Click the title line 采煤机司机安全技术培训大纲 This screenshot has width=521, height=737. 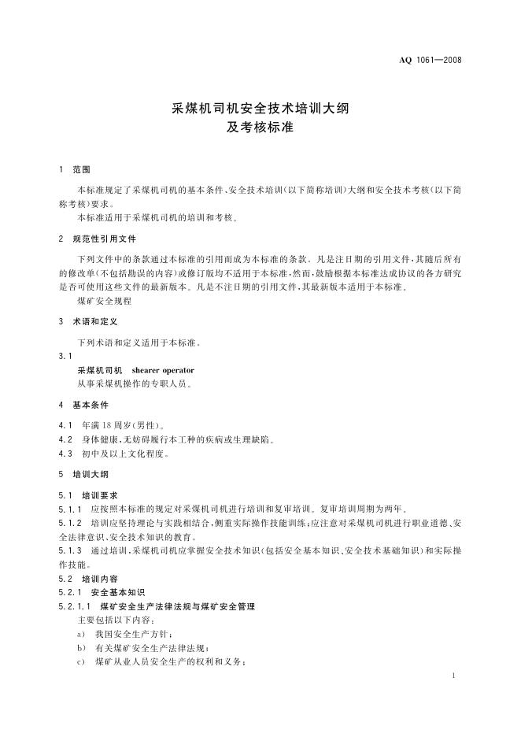pos(260,109)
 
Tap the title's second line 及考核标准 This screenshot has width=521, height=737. pos(260,127)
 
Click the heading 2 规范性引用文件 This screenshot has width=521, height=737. pos(98,239)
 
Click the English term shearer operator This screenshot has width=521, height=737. pos(163,370)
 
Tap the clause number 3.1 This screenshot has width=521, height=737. pos(65,356)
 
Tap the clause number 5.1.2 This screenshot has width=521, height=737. pos(71,523)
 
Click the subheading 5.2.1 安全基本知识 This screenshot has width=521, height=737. pos(102,592)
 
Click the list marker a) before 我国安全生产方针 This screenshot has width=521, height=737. pos(81,634)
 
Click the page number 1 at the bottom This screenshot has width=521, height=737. pos(456,676)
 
